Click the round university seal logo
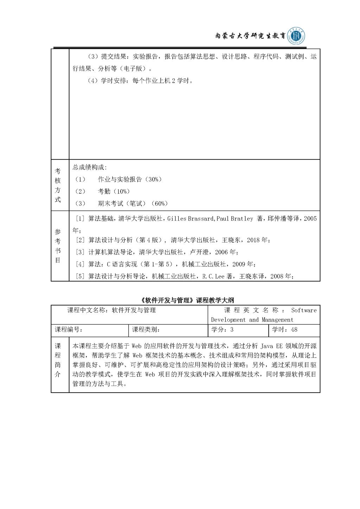pyautogui.click(x=296, y=36)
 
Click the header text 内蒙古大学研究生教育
pyautogui.click(x=250, y=36)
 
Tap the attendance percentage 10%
pyautogui.click(x=122, y=191)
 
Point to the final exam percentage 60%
pyautogui.click(x=160, y=203)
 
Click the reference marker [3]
pyautogui.click(x=81, y=252)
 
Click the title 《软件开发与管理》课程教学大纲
pyautogui.click(x=186, y=300)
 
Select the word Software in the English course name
pyautogui.click(x=304, y=310)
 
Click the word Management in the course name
pyautogui.click(x=277, y=320)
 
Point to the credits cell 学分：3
pyautogui.click(x=222, y=330)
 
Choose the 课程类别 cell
pyautogui.click(x=146, y=330)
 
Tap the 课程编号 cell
pyautogui.click(x=69, y=330)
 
